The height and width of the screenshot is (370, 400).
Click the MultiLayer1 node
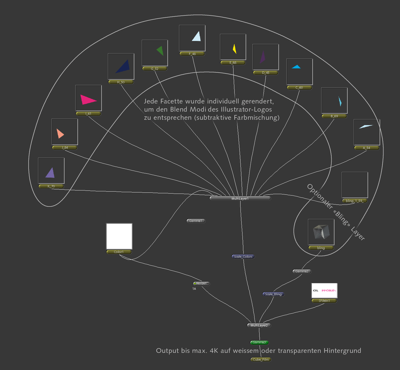(240, 199)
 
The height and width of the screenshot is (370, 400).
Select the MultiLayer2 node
(259, 325)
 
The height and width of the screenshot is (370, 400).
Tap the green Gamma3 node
(259, 343)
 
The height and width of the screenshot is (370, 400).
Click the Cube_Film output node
(261, 360)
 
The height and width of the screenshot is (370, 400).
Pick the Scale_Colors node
(243, 257)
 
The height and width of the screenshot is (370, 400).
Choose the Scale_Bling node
(273, 294)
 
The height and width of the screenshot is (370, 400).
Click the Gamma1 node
(196, 221)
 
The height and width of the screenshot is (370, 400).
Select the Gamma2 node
(302, 272)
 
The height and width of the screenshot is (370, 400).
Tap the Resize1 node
(201, 284)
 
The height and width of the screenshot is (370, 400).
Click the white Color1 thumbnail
(119, 236)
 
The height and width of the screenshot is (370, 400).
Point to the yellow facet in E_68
(235, 48)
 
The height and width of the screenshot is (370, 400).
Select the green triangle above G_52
(160, 51)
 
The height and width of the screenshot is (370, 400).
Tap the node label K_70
(51, 187)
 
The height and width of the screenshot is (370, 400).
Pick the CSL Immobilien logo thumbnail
(324, 291)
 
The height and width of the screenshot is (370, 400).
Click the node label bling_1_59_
(354, 201)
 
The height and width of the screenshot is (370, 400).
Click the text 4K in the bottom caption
(214, 351)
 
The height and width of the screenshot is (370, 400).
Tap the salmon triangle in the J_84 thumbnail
(60, 134)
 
